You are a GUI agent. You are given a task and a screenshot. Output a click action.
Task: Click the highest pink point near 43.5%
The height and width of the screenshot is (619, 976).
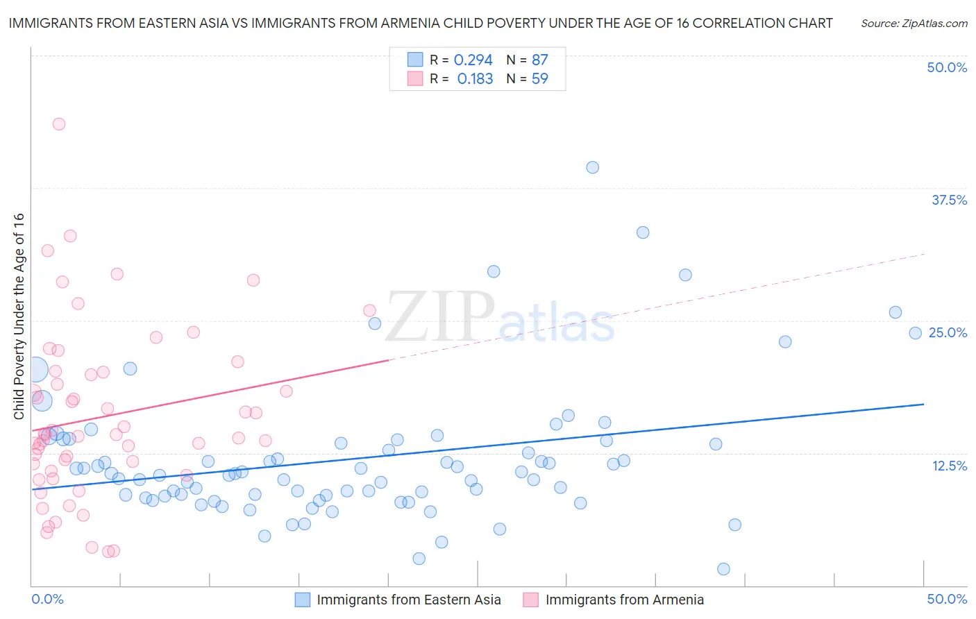pyautogui.click(x=59, y=124)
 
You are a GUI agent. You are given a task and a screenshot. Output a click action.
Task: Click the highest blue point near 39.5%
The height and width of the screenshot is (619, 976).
pyautogui.click(x=592, y=167)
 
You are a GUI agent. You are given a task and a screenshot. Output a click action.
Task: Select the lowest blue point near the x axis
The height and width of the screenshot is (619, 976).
pyautogui.click(x=723, y=569)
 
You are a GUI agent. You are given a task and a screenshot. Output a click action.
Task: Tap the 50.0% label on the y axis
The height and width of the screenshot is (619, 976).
pyautogui.click(x=947, y=67)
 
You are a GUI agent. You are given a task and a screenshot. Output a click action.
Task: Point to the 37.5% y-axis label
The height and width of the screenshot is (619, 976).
pyautogui.click(x=949, y=200)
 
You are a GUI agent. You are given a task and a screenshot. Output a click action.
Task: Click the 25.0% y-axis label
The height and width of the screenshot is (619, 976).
pyautogui.click(x=948, y=332)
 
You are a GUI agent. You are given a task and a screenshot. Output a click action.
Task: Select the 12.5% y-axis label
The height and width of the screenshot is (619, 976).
pyautogui.click(x=949, y=466)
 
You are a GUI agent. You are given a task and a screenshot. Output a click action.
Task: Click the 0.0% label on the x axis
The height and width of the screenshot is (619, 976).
pyautogui.click(x=47, y=599)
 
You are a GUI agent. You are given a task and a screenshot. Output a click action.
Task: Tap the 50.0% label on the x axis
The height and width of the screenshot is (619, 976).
pyautogui.click(x=947, y=599)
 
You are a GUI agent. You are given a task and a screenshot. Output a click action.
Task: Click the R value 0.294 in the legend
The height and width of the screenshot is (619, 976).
pyautogui.click(x=473, y=60)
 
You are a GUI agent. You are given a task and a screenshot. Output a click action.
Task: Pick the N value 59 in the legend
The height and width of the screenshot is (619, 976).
pyautogui.click(x=539, y=79)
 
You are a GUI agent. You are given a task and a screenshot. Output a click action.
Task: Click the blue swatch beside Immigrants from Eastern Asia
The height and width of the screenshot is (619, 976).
pyautogui.click(x=303, y=600)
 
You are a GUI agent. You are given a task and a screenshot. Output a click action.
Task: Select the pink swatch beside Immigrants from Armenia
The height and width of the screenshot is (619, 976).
pyautogui.click(x=531, y=600)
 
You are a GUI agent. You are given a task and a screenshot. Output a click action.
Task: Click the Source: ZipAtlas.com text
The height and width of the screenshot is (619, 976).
pyautogui.click(x=914, y=24)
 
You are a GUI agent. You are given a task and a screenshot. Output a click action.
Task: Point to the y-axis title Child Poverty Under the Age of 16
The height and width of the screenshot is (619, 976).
pyautogui.click(x=19, y=316)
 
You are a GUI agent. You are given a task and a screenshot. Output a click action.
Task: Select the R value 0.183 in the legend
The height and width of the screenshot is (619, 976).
pyautogui.click(x=475, y=79)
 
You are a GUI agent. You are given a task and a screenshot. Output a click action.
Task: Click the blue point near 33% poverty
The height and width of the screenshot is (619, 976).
pyautogui.click(x=643, y=232)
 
